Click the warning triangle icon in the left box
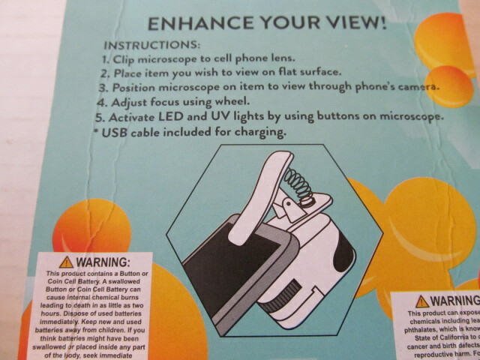[66, 262]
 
